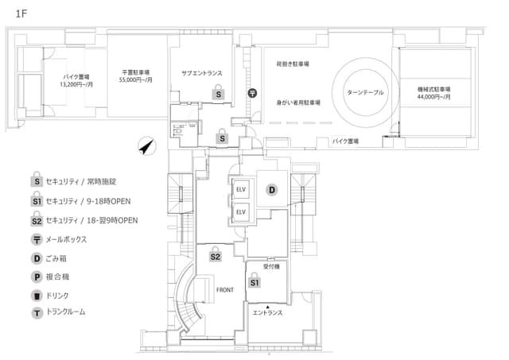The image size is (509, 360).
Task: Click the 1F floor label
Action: [21, 14]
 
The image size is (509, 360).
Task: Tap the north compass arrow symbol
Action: [147, 146]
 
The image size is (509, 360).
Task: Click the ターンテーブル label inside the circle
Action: [365, 92]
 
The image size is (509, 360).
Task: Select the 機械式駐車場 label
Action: [433, 89]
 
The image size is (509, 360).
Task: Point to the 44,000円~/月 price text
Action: [433, 97]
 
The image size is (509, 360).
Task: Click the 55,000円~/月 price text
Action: [136, 79]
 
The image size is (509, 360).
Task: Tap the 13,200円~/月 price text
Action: [76, 84]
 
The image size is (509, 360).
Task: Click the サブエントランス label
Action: [202, 73]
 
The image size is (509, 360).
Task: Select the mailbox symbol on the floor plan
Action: [253, 94]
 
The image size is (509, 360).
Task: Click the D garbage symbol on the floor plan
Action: [272, 190]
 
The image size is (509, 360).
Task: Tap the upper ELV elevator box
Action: [241, 189]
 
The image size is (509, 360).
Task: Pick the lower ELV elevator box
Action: [241, 212]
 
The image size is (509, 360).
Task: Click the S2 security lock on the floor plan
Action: [216, 255]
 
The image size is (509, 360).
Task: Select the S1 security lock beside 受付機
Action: [254, 281]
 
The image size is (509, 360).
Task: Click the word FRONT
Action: [224, 290]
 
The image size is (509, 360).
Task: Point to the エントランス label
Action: [267, 312]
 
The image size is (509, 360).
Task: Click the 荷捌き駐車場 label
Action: [293, 64]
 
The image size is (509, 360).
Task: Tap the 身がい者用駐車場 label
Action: [298, 103]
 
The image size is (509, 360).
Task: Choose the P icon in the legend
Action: [37, 277]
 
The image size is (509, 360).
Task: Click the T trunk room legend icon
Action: [37, 313]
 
